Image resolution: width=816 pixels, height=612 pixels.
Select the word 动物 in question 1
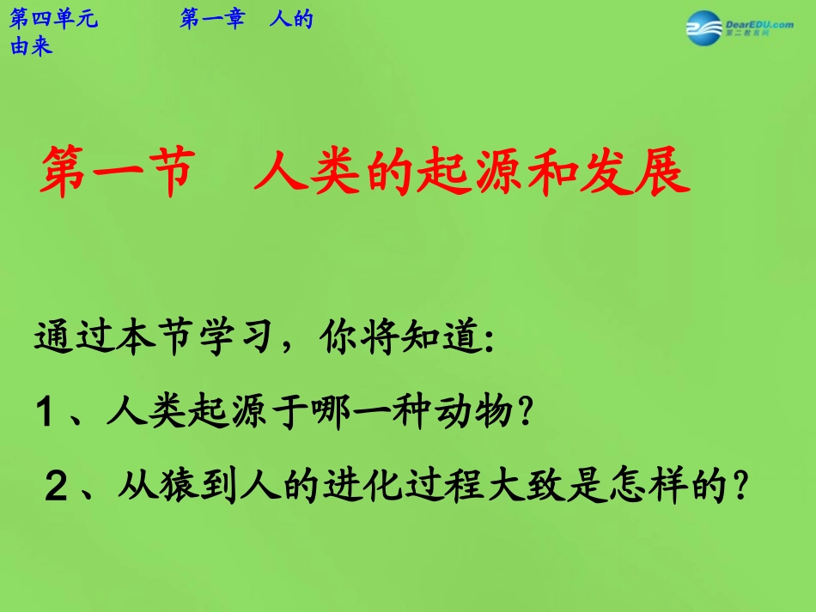(x=476, y=415)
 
